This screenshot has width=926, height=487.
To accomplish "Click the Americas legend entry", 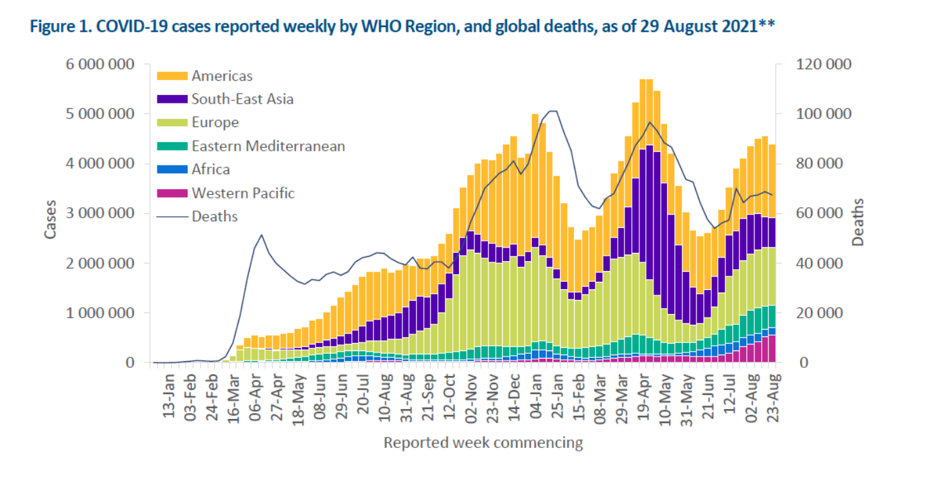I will point(221,75).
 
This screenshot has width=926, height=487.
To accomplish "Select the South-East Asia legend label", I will point(242,99).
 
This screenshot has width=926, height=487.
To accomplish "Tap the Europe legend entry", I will point(215,122).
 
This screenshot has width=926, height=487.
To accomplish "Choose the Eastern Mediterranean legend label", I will point(268,146).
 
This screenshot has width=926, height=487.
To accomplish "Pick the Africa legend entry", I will point(210,170).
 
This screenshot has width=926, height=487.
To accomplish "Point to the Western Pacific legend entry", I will point(243,193).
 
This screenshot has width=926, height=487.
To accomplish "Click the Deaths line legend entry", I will point(214,217).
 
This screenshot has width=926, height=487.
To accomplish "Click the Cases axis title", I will point(51,219).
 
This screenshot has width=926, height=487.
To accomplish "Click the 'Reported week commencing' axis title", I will point(483,443).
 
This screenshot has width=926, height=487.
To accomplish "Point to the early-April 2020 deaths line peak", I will point(261,235).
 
